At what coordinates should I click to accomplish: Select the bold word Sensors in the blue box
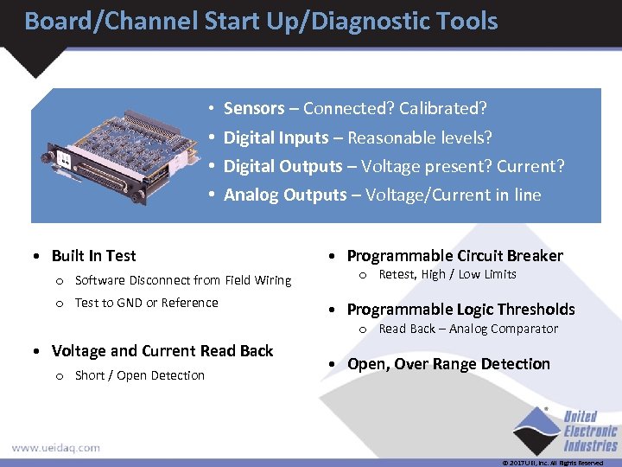pos(254,109)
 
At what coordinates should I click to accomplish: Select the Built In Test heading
pos(93,256)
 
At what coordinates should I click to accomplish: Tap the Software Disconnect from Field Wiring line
pos(183,280)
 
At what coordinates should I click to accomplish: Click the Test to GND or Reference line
pos(146,303)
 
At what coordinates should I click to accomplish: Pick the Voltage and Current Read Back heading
pos(162,351)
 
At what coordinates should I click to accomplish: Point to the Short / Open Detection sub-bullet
pos(139,375)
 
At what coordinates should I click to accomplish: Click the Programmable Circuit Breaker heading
pos(454,256)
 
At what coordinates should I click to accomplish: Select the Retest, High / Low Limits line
pos(447,274)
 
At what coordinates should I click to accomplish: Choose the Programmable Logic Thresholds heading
pos(460,310)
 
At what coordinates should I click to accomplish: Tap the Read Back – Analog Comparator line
pos(468,329)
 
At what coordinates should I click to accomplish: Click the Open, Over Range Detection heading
pos(448,364)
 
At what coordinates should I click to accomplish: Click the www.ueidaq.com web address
pos(55,448)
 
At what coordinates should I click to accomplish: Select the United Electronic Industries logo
pos(566,431)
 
